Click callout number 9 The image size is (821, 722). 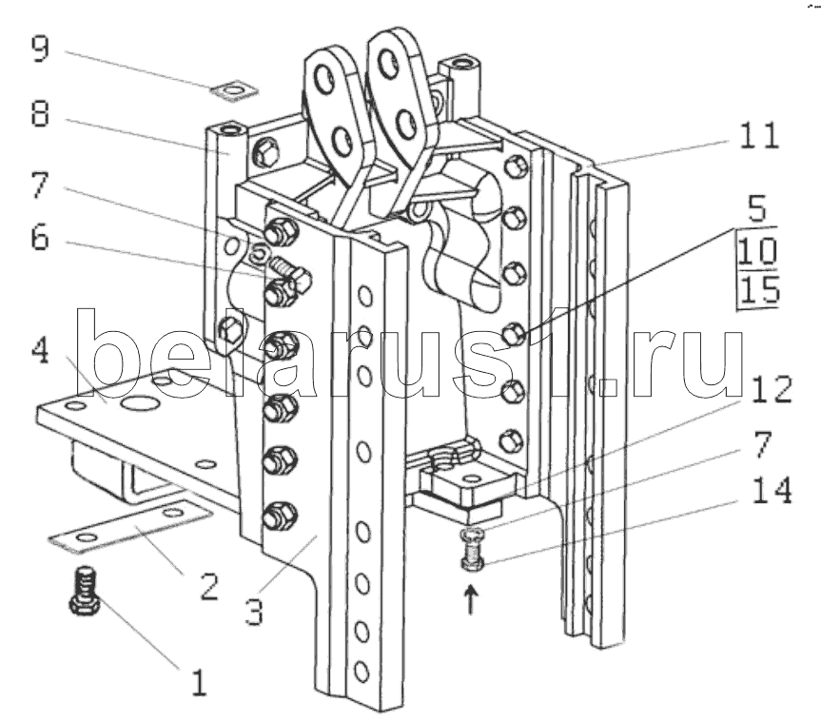pyautogui.click(x=40, y=49)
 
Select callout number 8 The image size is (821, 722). pyautogui.click(x=40, y=113)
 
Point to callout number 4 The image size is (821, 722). pyautogui.click(x=40, y=350)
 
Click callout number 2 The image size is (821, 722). pyautogui.click(x=208, y=586)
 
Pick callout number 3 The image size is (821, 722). pyautogui.click(x=255, y=611)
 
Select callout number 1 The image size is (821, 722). pyautogui.click(x=199, y=683)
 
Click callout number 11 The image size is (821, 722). pyautogui.click(x=759, y=135)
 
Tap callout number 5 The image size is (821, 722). pyautogui.click(x=757, y=208)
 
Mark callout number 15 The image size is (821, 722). pyautogui.click(x=760, y=289)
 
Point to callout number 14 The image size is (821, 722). pyautogui.click(x=772, y=491)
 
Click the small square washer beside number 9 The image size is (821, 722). pyautogui.click(x=234, y=90)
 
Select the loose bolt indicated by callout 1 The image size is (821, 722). pyautogui.click(x=85, y=590)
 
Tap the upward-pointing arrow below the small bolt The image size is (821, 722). pyautogui.click(x=471, y=599)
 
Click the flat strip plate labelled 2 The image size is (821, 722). pyautogui.click(x=130, y=526)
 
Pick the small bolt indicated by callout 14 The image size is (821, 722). pyautogui.click(x=472, y=551)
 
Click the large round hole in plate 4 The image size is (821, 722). pyautogui.click(x=140, y=402)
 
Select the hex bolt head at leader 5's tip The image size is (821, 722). pyautogui.click(x=514, y=334)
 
